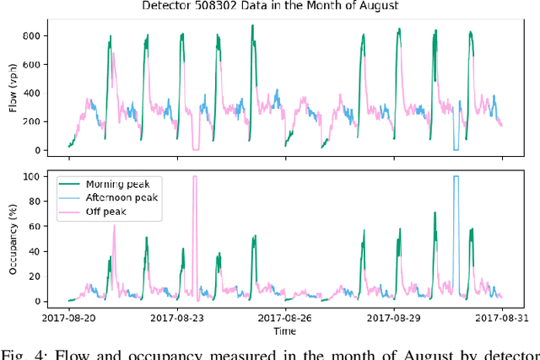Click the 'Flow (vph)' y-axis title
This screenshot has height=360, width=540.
(12, 89)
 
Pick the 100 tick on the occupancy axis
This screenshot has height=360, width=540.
(33, 176)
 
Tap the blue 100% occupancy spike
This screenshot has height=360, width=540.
(456, 179)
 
